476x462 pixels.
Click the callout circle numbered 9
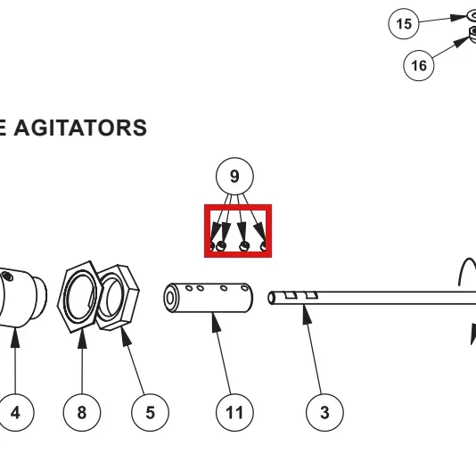point(234,177)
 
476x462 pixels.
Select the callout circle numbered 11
point(234,412)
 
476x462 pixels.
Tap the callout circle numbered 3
point(324,412)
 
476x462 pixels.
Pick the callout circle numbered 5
point(150,412)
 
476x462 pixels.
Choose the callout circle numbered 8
point(82,412)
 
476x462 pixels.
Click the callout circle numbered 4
point(15,412)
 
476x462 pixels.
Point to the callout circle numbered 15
point(404,24)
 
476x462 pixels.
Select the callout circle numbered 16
point(419,65)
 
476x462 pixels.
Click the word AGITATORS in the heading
point(80,128)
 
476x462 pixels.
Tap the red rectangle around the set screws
point(206,231)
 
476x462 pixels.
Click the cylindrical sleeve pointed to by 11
point(209,298)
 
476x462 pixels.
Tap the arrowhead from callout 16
point(461,43)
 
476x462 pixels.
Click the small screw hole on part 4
point(7,276)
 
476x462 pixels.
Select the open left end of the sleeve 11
point(170,298)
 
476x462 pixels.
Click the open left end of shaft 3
point(271,298)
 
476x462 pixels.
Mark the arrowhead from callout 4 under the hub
point(15,337)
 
